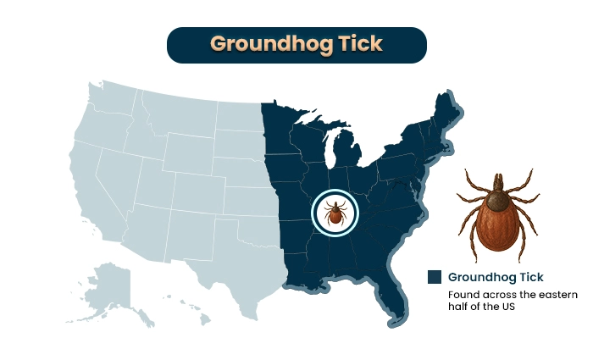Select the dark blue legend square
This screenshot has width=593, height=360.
pyautogui.click(x=435, y=277)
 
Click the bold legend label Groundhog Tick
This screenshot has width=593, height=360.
pyautogui.click(x=496, y=277)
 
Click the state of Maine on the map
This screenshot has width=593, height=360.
pyautogui.click(x=442, y=114)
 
